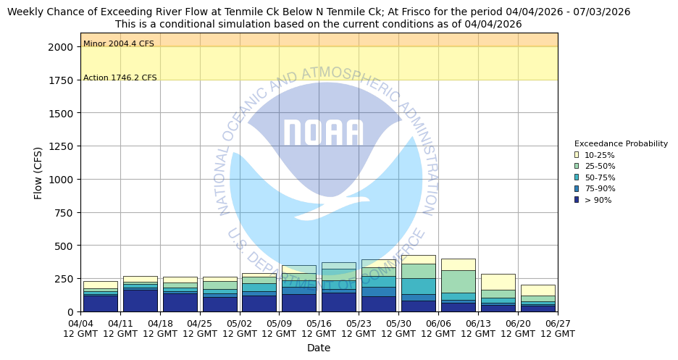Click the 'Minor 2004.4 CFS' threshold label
pos(119,44)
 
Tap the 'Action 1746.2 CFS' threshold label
pos(120,78)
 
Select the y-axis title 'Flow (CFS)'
pos(38,173)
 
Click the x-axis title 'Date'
pos(319,348)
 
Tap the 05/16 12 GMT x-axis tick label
pos(319,329)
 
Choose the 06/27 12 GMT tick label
pos(557,329)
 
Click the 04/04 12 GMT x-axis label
pos(80,329)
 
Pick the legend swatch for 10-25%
pos(577,155)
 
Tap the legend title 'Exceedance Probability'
pos(621,144)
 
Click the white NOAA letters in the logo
pos(322,133)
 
